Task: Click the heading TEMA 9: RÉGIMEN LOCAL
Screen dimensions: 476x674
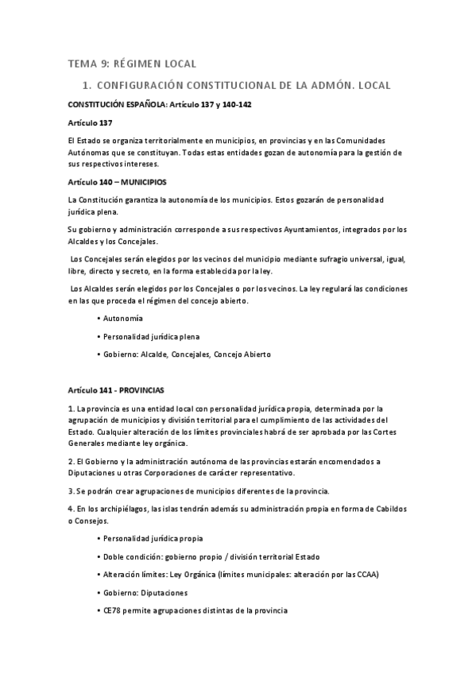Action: pyautogui.click(x=131, y=63)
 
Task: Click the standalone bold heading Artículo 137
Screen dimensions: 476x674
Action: pyautogui.click(x=91, y=123)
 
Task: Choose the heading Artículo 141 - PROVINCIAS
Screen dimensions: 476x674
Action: pyautogui.click(x=116, y=391)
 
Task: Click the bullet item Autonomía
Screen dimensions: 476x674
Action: pyautogui.click(x=123, y=318)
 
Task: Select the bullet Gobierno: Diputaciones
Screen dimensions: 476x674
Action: pyautogui.click(x=145, y=593)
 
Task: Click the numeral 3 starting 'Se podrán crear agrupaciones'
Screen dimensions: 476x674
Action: pyautogui.click(x=71, y=490)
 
